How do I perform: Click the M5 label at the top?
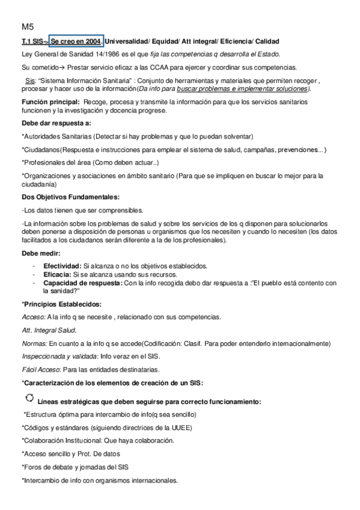pyautogui.click(x=28, y=27)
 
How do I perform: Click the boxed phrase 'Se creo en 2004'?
pyautogui.click(x=76, y=41)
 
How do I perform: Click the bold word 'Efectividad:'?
pyautogui.click(x=63, y=266)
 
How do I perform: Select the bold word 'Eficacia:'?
pyautogui.click(x=58, y=274)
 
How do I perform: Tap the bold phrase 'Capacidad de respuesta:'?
pyautogui.click(x=83, y=282)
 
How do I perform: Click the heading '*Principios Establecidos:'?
pyautogui.click(x=61, y=304)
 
